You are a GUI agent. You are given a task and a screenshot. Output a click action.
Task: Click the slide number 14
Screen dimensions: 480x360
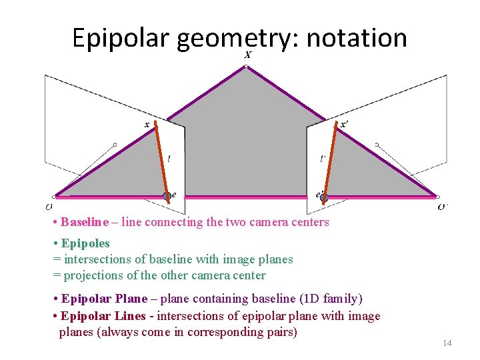(447, 343)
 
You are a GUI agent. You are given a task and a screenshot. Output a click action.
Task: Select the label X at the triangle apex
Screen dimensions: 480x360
(247, 55)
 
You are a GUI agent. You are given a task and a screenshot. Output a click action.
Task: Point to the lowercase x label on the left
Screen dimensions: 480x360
(147, 124)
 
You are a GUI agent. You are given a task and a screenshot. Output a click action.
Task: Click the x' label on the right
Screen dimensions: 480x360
(343, 125)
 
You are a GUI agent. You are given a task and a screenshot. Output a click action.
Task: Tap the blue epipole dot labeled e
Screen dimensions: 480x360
(167, 196)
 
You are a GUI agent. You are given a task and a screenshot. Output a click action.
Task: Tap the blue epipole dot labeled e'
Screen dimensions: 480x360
(324, 197)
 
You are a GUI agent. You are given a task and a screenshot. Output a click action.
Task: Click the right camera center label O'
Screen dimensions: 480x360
(443, 206)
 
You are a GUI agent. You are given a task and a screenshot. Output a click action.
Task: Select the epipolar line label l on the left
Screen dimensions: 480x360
(169, 159)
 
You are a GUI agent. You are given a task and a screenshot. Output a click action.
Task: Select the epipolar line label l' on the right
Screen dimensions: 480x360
(323, 159)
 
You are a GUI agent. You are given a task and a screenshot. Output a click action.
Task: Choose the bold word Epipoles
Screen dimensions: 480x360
(85, 243)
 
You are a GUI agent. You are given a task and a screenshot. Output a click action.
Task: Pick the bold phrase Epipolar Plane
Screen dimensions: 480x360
(104, 299)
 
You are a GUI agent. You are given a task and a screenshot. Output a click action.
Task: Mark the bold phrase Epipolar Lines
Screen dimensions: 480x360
(103, 316)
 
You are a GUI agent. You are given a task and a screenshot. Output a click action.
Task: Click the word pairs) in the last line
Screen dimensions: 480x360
(280, 332)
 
